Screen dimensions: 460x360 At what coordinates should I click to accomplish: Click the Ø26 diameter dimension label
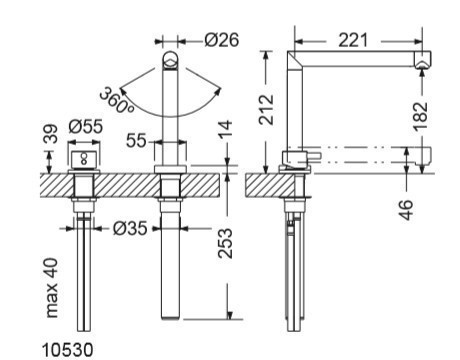tap(222, 40)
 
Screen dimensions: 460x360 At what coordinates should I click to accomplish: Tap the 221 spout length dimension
tap(353, 40)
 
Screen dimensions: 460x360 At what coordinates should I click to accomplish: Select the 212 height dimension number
tap(267, 110)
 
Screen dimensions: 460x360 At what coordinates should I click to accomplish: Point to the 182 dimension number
tap(420, 116)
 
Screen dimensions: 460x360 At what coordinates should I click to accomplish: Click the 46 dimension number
tap(406, 210)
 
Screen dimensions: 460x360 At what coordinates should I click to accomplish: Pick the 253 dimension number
tap(225, 243)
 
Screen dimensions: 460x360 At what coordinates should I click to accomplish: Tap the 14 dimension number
tap(225, 130)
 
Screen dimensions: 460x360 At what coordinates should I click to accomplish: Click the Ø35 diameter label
tap(130, 228)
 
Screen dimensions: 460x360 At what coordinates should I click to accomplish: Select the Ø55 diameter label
tap(86, 126)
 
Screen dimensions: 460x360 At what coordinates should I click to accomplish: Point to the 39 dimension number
tap(51, 134)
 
